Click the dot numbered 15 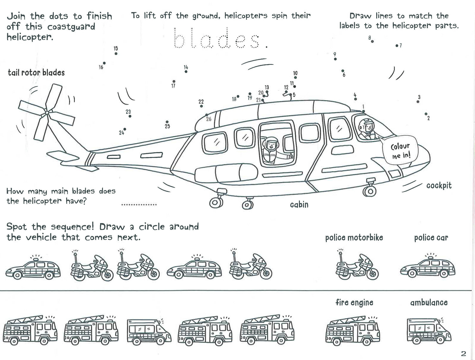[x=116, y=53]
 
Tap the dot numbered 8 [x=372, y=41]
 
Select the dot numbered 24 [x=125, y=129]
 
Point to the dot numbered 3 [x=418, y=102]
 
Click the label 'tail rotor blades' [x=36, y=73]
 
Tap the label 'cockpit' [x=439, y=186]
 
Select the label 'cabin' [x=299, y=204]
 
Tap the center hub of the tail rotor [x=47, y=113]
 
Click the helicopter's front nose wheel [x=370, y=191]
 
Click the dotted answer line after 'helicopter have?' [x=139, y=204]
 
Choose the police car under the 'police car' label [x=427, y=267]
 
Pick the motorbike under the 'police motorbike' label [x=357, y=264]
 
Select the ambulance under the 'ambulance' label [x=429, y=330]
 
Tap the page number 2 [x=463, y=354]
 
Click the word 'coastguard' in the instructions [x=71, y=27]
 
